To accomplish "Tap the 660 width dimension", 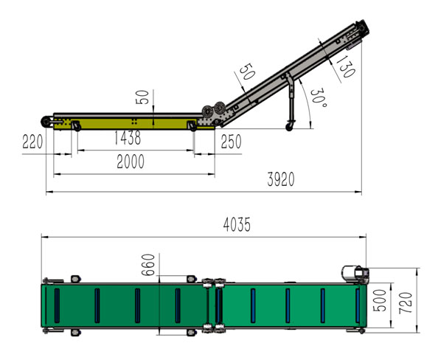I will coord(150,265).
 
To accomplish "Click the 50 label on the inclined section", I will coord(246,72).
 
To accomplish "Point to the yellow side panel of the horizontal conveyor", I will coord(133,123).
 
